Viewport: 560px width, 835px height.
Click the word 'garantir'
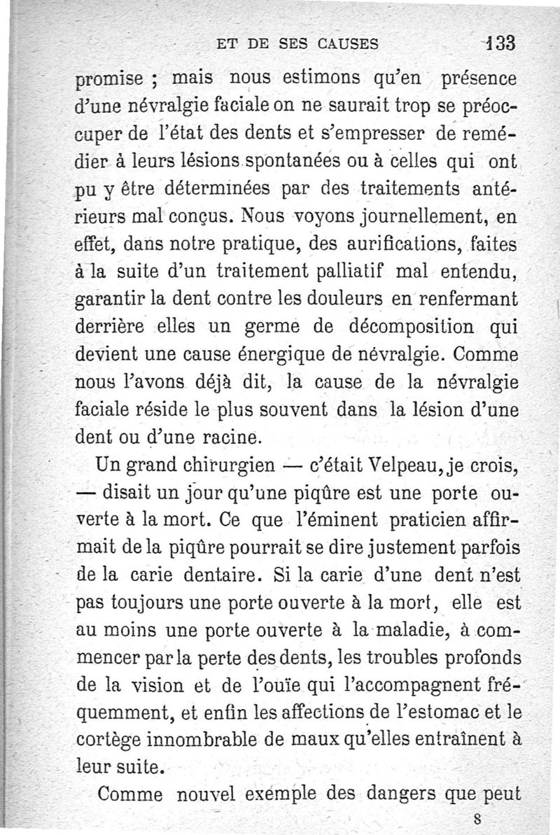[x=107, y=304]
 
